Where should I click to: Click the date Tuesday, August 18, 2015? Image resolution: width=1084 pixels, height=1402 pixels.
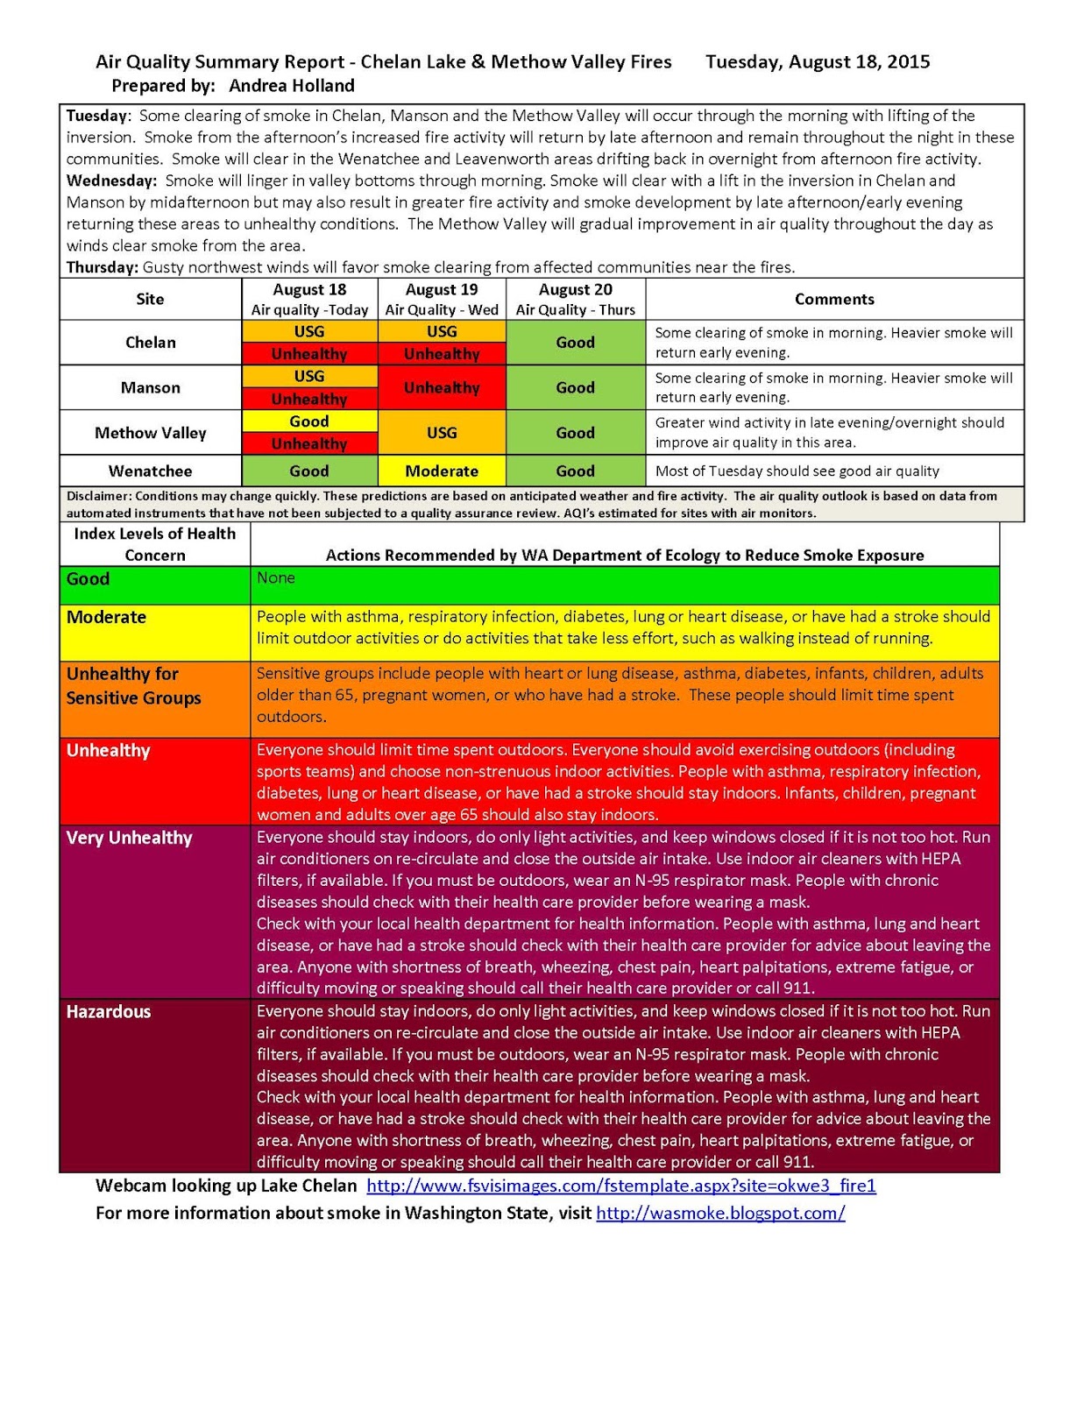click(x=817, y=62)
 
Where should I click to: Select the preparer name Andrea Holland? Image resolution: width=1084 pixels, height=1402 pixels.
click(x=292, y=86)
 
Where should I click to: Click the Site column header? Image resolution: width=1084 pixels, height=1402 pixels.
click(x=150, y=299)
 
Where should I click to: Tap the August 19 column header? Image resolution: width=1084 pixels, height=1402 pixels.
click(x=442, y=290)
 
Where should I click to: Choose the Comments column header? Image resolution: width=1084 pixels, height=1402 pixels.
click(x=834, y=299)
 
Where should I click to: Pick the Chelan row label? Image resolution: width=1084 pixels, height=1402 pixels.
click(x=150, y=343)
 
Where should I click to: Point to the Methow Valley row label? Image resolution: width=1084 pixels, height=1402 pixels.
click(x=150, y=433)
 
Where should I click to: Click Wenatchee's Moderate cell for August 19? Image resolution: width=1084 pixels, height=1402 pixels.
click(x=442, y=471)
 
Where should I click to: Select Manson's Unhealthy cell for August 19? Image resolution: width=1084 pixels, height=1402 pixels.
click(x=442, y=387)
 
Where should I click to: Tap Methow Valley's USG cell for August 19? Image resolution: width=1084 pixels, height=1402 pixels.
click(x=442, y=433)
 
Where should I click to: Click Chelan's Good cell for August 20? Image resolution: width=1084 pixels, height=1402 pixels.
click(x=575, y=343)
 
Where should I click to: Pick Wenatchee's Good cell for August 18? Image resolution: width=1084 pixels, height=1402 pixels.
click(x=309, y=471)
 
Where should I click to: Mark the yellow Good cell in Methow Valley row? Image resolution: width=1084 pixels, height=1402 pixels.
click(x=309, y=421)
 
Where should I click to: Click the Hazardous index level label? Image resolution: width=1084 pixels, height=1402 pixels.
click(x=109, y=1012)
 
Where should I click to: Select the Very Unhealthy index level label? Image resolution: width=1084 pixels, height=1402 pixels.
click(x=129, y=838)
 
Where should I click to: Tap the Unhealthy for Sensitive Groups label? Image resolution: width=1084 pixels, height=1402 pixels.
click(x=133, y=686)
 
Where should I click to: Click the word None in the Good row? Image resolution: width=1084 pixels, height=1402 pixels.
click(x=275, y=578)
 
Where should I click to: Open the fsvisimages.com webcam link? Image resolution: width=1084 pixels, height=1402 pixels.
click(x=620, y=1186)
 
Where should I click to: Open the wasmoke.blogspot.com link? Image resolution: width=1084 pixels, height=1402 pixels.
click(x=720, y=1214)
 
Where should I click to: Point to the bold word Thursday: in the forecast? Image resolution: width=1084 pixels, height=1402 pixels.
click(x=102, y=267)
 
